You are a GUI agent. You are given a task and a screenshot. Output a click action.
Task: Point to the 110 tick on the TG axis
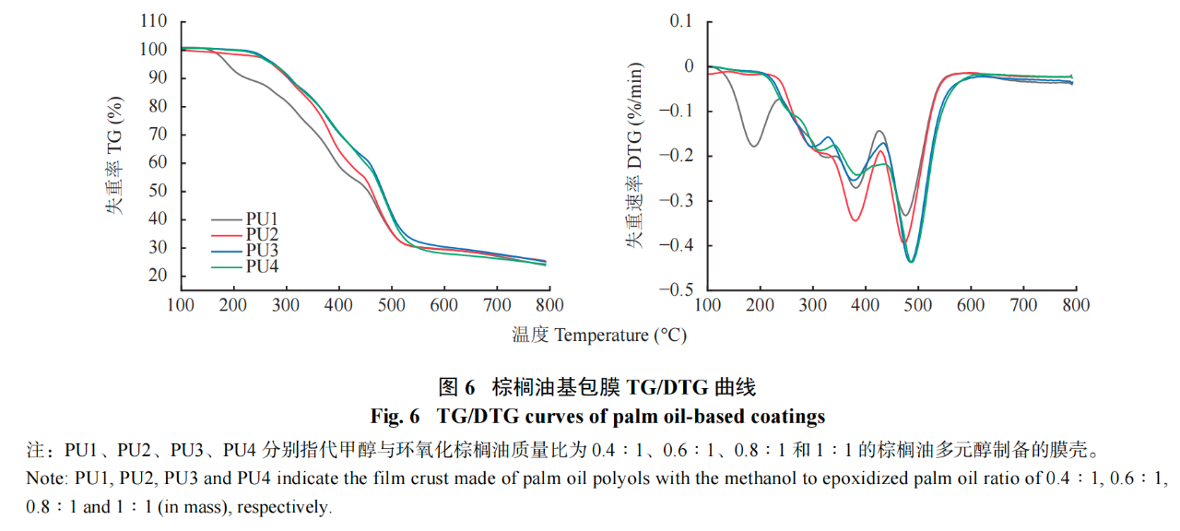pos(154,21)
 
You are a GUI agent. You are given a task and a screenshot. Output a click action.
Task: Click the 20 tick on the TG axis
pos(157,276)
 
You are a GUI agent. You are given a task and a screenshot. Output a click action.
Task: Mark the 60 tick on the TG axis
pos(157,162)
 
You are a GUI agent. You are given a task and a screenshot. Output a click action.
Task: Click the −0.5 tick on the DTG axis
pos(680,289)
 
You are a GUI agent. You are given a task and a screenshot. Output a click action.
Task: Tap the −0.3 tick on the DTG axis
pos(680,201)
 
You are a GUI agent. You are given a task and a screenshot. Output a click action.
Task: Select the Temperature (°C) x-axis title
pos(599,335)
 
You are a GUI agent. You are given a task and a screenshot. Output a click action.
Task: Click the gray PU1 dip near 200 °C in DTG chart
pos(754,146)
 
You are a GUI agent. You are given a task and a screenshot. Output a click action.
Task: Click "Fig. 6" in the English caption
pos(395,417)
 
